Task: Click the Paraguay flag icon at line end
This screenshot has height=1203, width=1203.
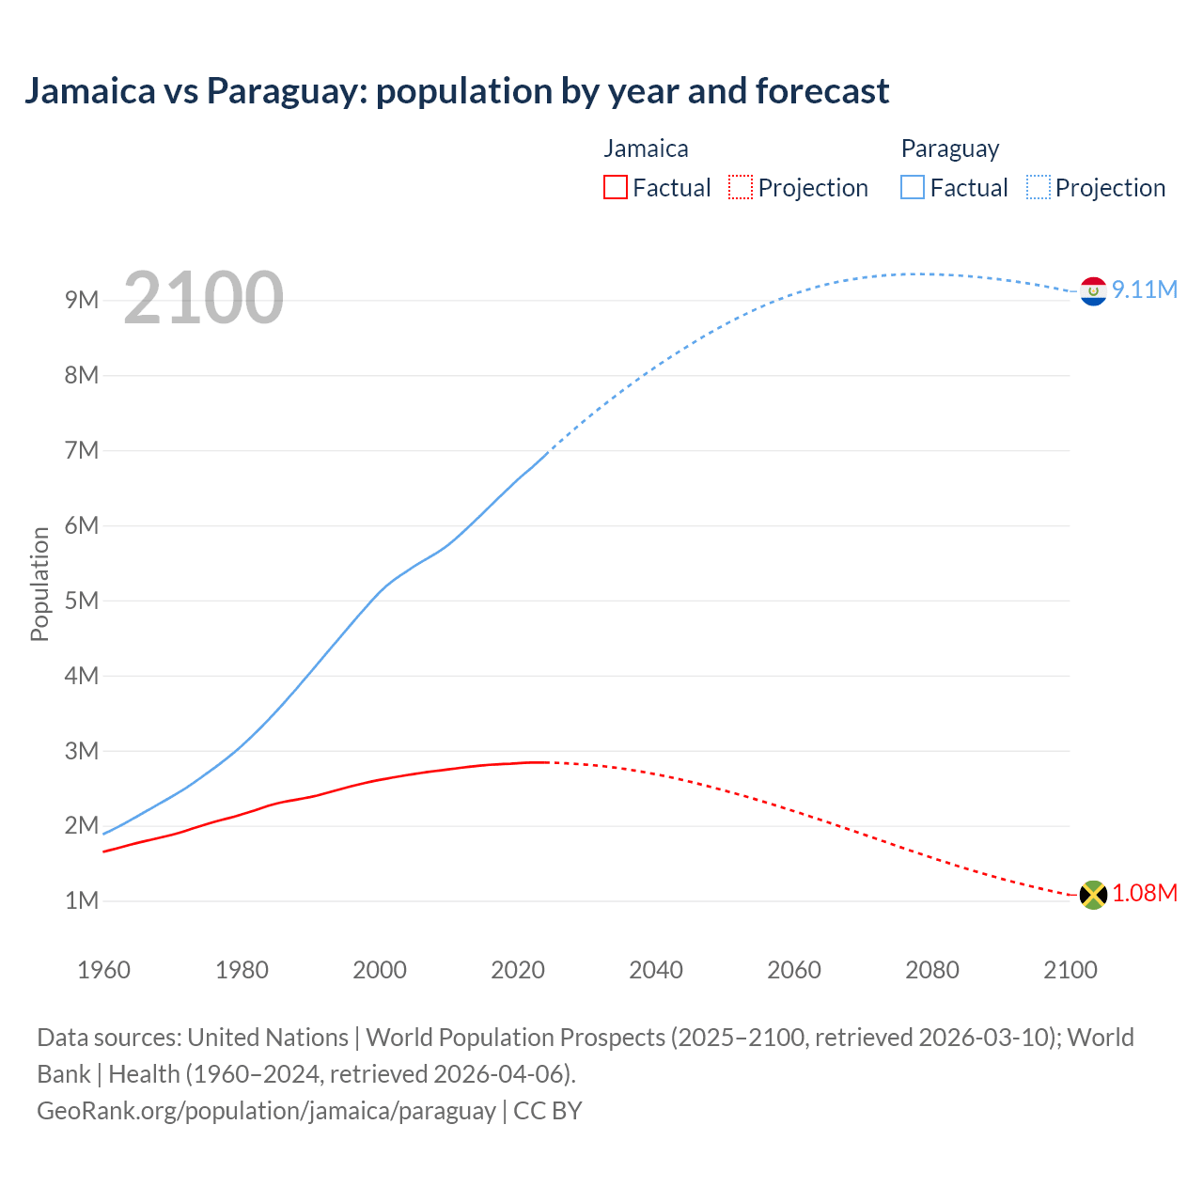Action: pyautogui.click(x=1093, y=291)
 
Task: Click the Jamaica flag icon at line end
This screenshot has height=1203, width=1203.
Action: pyautogui.click(x=1093, y=895)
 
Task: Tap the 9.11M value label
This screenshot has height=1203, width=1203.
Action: pyautogui.click(x=1145, y=289)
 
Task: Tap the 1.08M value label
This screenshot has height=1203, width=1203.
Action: pyautogui.click(x=1145, y=893)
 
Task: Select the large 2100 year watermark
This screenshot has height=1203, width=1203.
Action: pyautogui.click(x=203, y=298)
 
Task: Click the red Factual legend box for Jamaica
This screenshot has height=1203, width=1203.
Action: pyautogui.click(x=616, y=188)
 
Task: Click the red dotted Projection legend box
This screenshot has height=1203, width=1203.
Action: pyautogui.click(x=741, y=188)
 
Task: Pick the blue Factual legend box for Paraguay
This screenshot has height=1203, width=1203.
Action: pyautogui.click(x=913, y=188)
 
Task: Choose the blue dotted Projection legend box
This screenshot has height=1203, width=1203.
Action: pyautogui.click(x=1038, y=188)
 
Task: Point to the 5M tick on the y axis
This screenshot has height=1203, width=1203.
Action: pyautogui.click(x=82, y=601)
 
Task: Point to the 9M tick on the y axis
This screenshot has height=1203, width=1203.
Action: pyautogui.click(x=82, y=300)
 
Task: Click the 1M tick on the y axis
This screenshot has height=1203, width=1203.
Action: pyautogui.click(x=82, y=901)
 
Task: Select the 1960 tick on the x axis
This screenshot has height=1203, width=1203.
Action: pyautogui.click(x=103, y=970)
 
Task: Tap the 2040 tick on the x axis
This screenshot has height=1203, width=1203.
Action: pyautogui.click(x=656, y=970)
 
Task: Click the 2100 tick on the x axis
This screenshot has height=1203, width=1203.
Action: pyautogui.click(x=1070, y=970)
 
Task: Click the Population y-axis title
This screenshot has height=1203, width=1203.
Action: pyautogui.click(x=39, y=584)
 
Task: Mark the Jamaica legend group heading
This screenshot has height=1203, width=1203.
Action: pyautogui.click(x=646, y=148)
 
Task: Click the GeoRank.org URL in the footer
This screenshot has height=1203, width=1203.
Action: pyautogui.click(x=266, y=1111)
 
